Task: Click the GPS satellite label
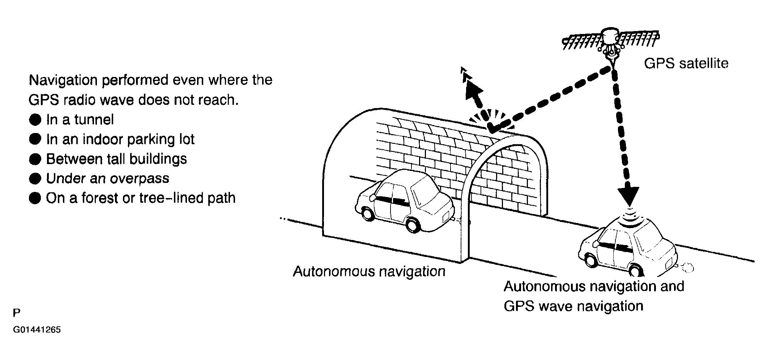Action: (x=686, y=64)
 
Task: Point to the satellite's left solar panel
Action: (x=583, y=41)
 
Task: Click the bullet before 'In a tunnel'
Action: (x=35, y=120)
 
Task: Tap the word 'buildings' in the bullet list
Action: (x=158, y=159)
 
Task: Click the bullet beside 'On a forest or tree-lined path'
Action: (x=35, y=198)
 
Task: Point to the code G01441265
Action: (x=37, y=330)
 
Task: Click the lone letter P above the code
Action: (x=17, y=313)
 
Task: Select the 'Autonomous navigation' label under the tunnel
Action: (x=369, y=271)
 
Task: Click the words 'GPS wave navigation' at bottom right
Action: (x=573, y=306)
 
